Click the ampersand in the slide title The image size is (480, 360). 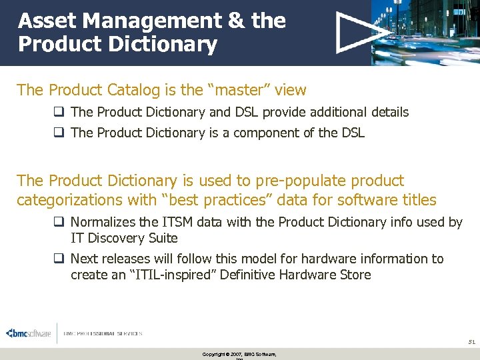coord(236,21)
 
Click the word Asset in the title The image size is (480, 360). coord(43,21)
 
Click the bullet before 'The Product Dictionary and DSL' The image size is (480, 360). coord(61,112)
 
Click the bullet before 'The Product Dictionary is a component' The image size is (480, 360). coord(61,133)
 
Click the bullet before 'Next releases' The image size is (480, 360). coord(61,259)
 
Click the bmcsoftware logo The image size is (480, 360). coord(28,333)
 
